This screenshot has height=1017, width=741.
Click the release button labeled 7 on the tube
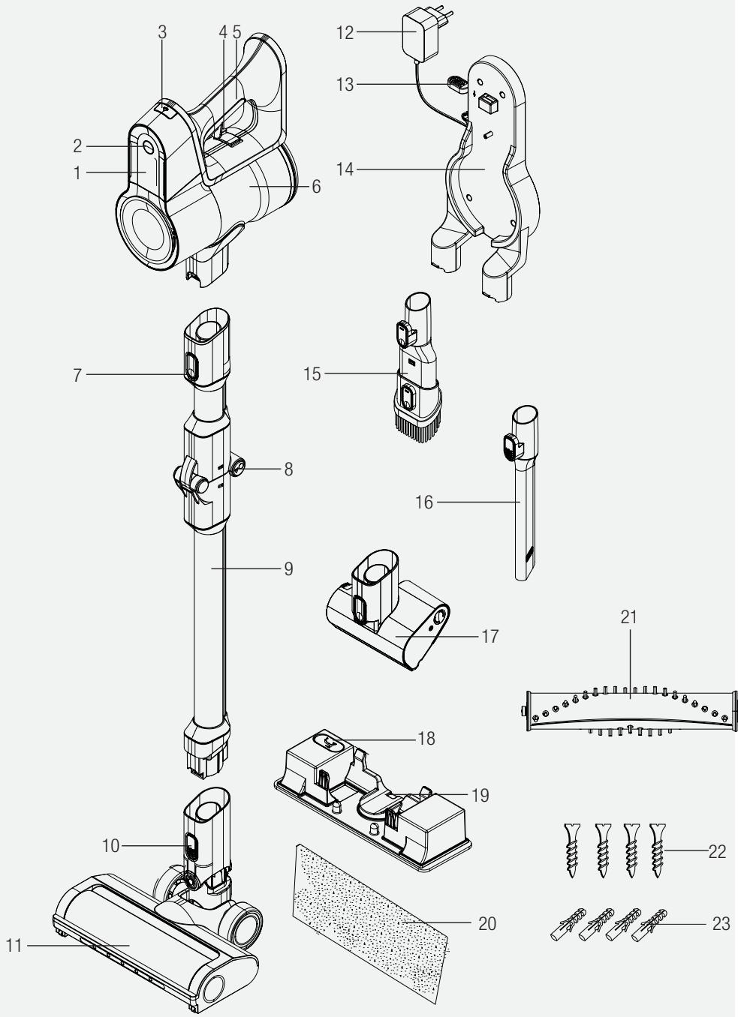190,366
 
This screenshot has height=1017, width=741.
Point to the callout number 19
480,794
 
